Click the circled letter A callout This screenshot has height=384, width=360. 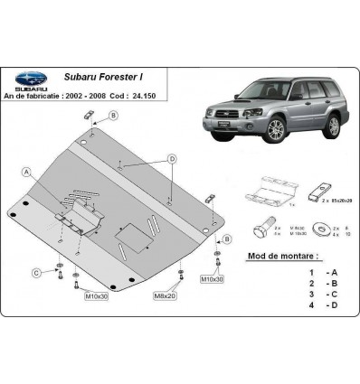point(28,171)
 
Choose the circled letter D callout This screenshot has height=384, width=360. point(173,159)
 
